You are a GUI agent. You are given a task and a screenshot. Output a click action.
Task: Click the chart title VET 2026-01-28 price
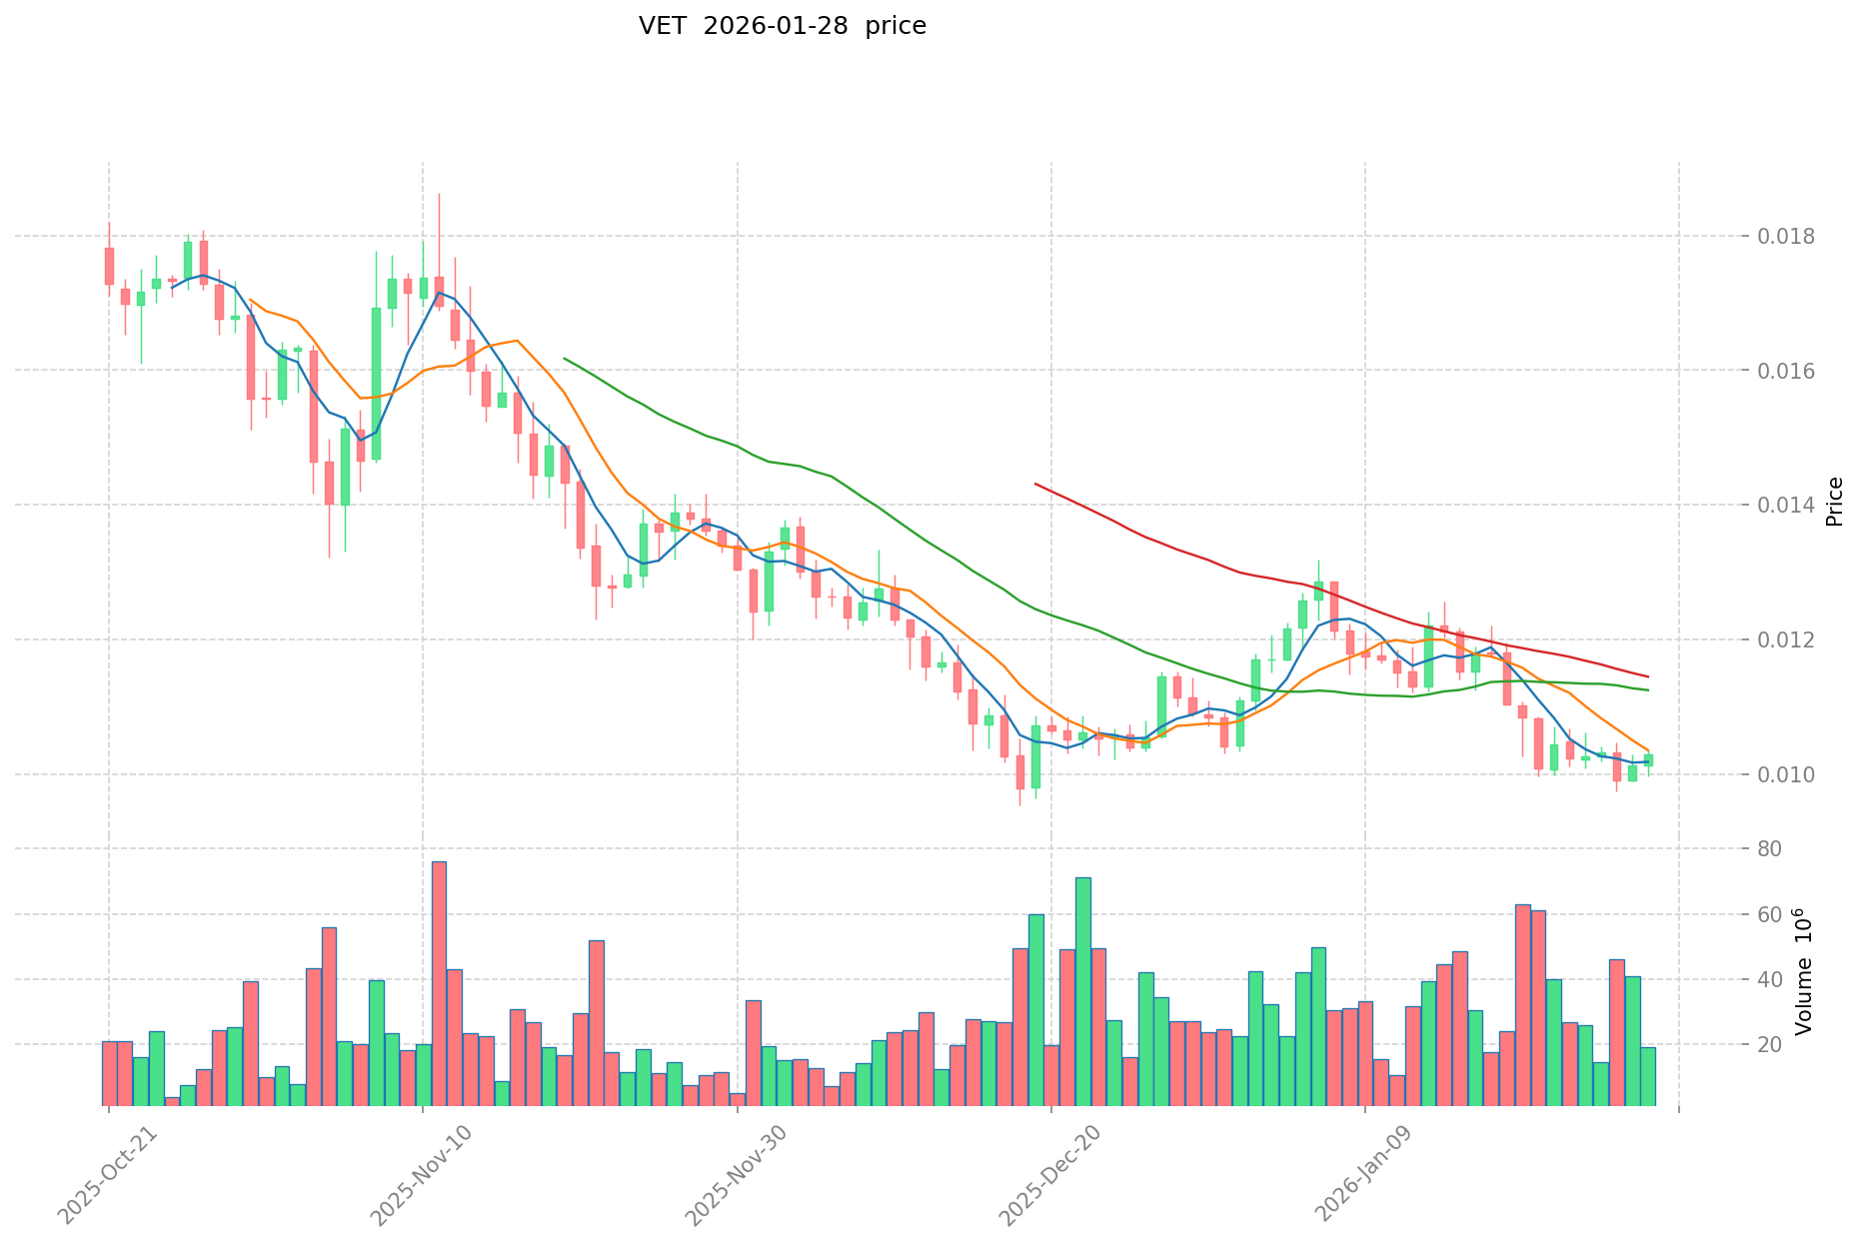782,26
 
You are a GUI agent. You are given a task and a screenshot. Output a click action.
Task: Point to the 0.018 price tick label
1787,237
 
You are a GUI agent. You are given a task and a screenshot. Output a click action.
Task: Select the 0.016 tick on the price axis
1787,371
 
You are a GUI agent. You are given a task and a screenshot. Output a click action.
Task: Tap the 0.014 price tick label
1787,506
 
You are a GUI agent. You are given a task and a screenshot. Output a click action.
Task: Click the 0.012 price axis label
1787,639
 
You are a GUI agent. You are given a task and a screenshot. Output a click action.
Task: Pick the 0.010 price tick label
1787,774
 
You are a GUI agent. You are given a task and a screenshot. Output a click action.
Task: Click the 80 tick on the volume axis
1771,849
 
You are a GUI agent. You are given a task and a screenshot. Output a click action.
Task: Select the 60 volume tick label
1771,915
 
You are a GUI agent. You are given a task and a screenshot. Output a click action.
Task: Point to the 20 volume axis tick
1771,1045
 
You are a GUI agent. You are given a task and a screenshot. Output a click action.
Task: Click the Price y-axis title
1834,502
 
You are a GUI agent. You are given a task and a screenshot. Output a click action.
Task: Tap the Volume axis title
1805,971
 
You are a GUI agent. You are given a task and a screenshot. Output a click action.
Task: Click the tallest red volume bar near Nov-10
439,983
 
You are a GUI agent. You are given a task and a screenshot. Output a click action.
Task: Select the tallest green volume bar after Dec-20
1083,991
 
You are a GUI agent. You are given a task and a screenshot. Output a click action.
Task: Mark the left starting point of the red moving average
1035,484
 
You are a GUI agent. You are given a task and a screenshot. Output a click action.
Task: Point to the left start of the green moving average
565,358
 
